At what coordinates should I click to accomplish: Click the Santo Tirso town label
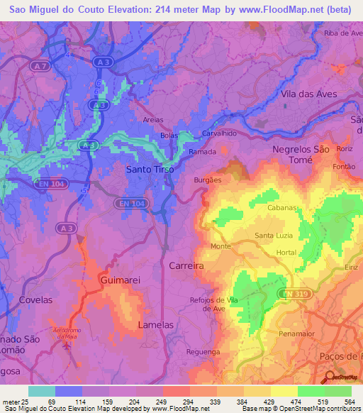coord(150,170)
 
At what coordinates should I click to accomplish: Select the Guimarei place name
coord(121,280)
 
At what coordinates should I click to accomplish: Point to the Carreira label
coord(186,265)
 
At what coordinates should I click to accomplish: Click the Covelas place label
coord(36,300)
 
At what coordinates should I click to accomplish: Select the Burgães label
coord(208,180)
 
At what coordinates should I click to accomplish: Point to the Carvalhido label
coord(218,133)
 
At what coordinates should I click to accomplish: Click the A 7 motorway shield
coord(42,65)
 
